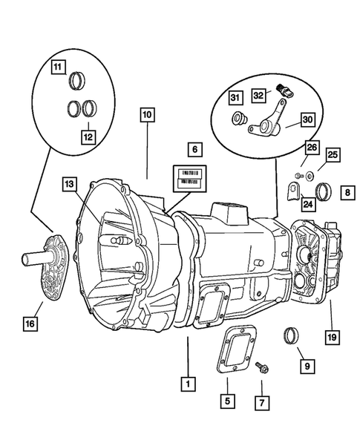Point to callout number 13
tap(69, 183)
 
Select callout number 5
tap(227, 401)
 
